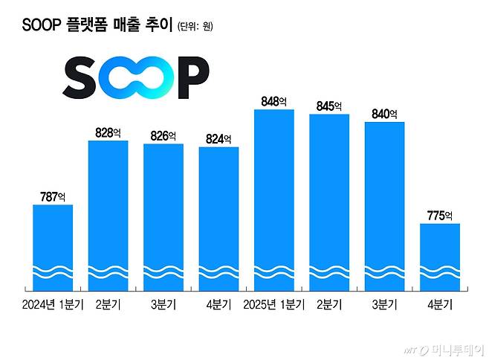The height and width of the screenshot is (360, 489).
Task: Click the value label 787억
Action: pos(53,197)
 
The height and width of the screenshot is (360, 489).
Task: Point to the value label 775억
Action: pos(440,216)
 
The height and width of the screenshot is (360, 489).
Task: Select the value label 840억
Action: pos(384,114)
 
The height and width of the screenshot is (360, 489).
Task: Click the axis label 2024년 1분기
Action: pos(53,303)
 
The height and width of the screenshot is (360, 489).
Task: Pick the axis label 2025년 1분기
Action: pos(273,303)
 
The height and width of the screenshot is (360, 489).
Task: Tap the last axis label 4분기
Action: pos(440,303)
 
